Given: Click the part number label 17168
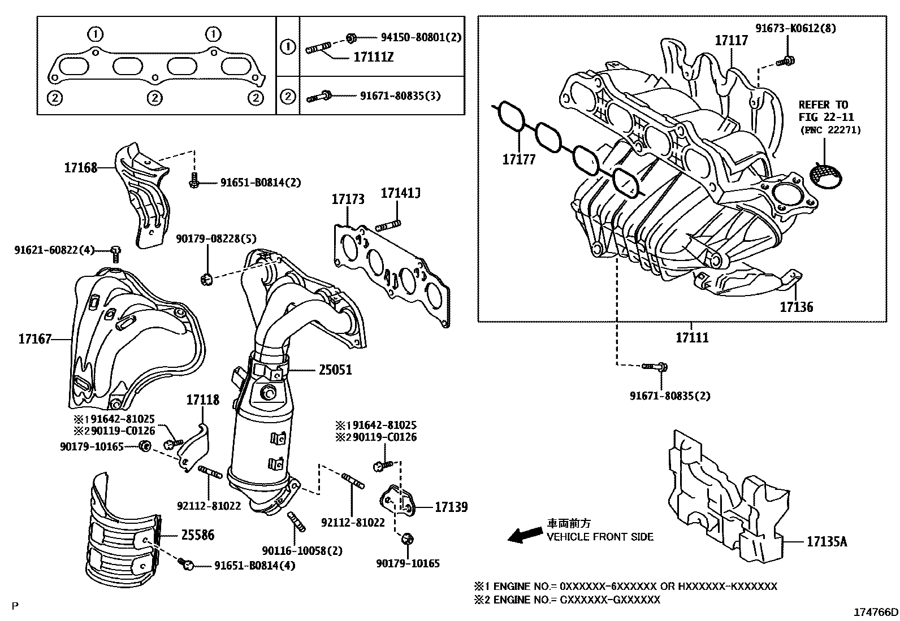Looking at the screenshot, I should click(80, 167).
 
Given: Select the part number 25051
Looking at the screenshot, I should click(335, 370).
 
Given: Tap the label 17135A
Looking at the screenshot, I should click(827, 542).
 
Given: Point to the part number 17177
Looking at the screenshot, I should click(518, 160).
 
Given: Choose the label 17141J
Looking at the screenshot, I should click(400, 194).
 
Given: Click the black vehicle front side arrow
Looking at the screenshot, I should click(524, 535).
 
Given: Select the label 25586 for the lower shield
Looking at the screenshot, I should click(197, 535).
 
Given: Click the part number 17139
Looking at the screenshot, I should click(451, 507).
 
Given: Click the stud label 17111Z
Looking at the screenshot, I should click(373, 57).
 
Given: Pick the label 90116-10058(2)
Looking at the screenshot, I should click(302, 550).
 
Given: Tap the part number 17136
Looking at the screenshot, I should click(796, 307).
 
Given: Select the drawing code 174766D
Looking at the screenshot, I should click(876, 613).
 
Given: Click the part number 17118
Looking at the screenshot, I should click(202, 400).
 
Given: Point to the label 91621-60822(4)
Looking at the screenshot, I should click(54, 249).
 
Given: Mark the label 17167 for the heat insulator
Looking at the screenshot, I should click(34, 339).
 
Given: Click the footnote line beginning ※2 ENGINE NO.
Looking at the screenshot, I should click(567, 600).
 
